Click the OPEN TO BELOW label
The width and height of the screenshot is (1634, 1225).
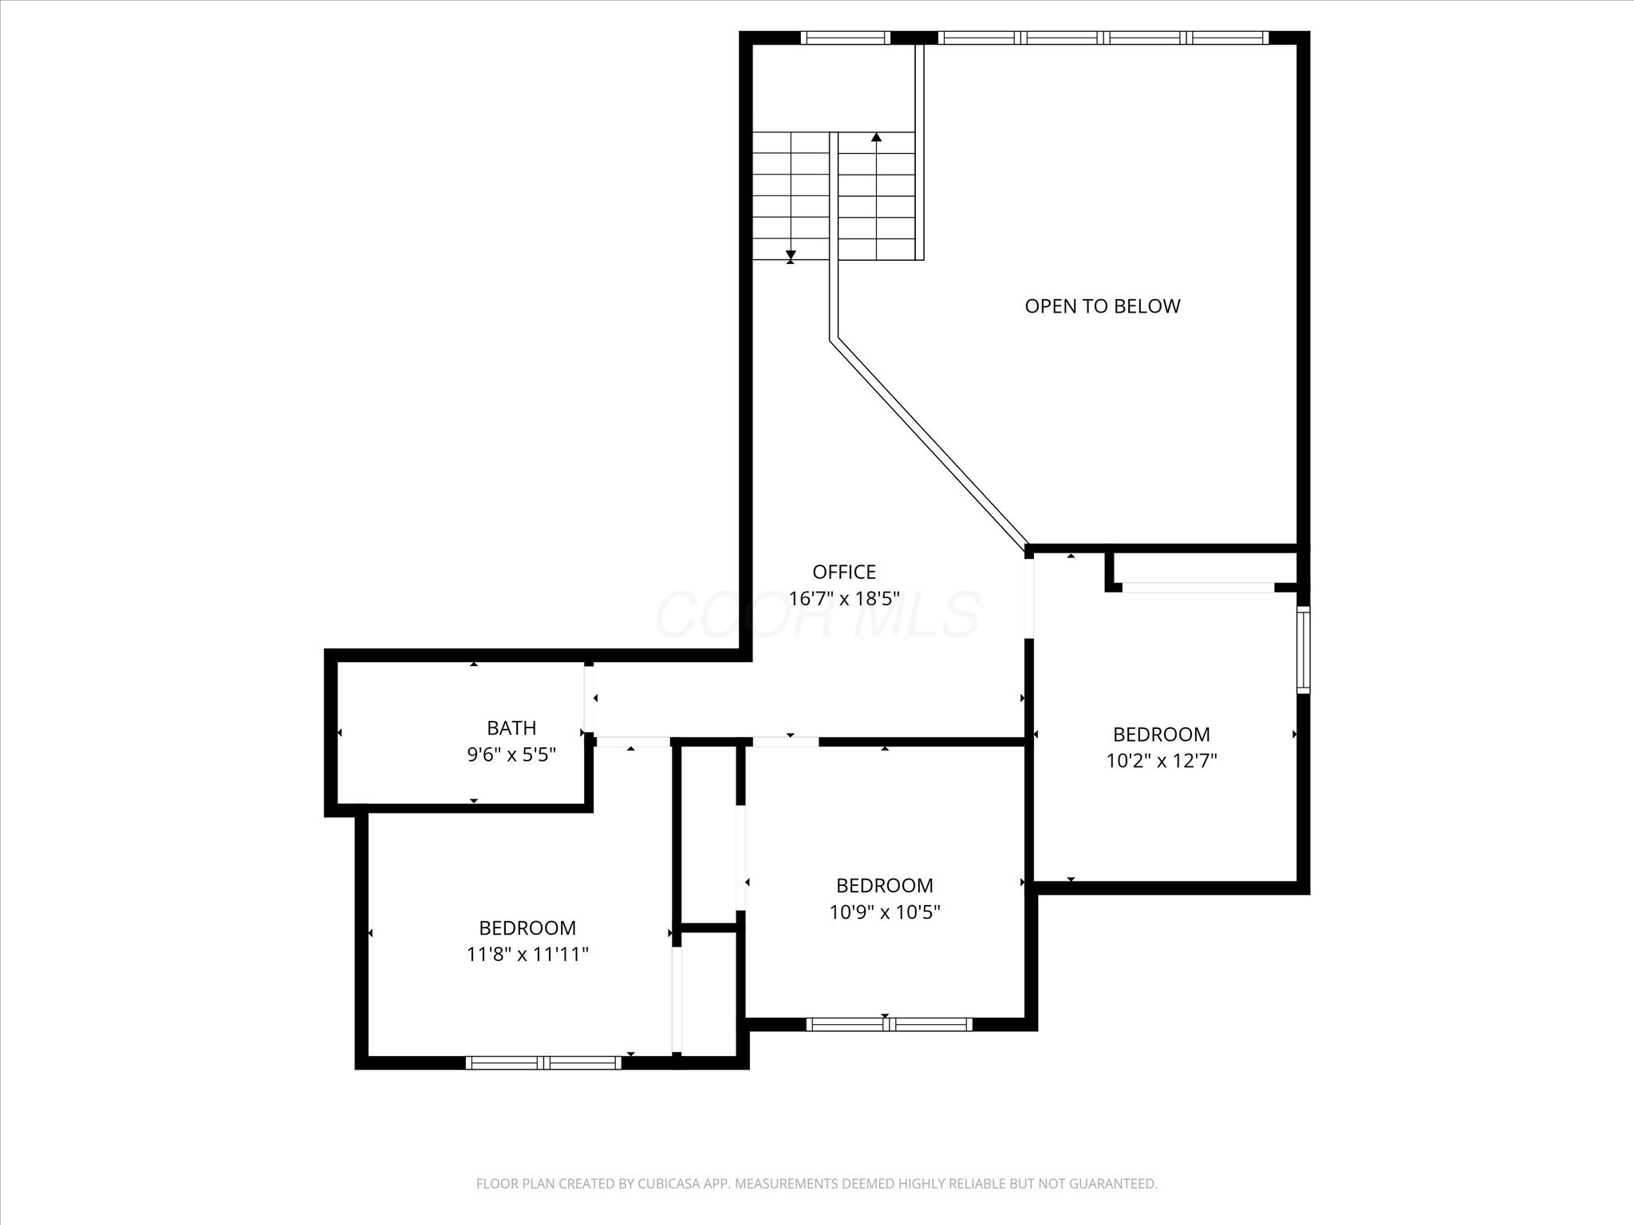tap(1102, 306)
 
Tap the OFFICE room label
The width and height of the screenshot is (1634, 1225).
tap(844, 572)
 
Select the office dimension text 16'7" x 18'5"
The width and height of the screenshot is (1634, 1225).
tap(844, 598)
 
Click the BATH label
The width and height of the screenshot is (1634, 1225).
tap(511, 727)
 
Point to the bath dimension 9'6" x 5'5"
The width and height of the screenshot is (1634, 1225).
tap(511, 754)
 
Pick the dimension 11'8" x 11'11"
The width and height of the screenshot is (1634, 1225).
tap(527, 954)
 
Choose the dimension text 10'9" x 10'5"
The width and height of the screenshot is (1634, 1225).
tap(885, 912)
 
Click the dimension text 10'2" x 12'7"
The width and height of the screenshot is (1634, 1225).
tap(1161, 760)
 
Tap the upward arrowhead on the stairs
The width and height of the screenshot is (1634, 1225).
tap(876, 137)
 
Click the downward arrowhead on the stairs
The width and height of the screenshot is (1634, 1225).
tap(791, 254)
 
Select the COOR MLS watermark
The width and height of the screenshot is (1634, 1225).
tap(818, 614)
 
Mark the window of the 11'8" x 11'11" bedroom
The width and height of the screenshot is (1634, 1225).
tap(543, 1062)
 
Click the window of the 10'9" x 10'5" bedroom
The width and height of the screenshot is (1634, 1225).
tap(889, 1024)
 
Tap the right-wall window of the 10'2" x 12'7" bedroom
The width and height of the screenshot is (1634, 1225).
tap(1303, 649)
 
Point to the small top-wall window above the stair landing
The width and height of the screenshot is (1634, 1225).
tap(845, 37)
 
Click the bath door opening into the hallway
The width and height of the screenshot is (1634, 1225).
tap(589, 699)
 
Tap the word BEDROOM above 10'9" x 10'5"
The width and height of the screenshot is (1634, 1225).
tap(885, 885)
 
